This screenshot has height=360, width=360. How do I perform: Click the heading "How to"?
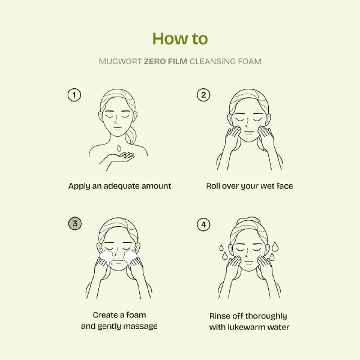[x=180, y=38]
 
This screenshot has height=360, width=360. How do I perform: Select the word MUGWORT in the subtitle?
[x=119, y=61]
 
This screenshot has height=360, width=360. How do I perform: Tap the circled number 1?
[x=74, y=95]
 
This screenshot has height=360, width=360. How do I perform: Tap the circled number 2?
[x=204, y=95]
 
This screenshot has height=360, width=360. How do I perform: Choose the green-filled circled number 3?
[x=74, y=223]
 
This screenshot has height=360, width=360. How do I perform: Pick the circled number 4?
[x=204, y=224]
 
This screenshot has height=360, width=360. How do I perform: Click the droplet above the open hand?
[x=119, y=147]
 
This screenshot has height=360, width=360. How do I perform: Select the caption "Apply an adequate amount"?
[x=119, y=186]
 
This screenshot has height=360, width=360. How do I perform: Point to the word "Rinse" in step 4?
[x=220, y=316]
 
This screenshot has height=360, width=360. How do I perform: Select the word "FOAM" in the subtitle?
[x=250, y=61]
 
